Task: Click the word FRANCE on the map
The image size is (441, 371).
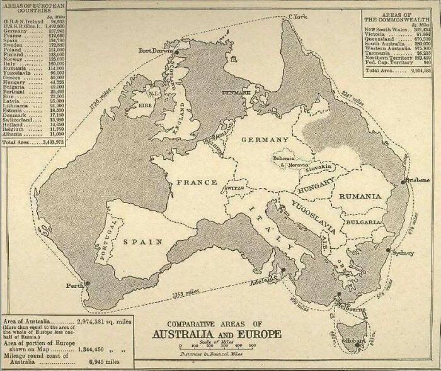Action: coord(197,182)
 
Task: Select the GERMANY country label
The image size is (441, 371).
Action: coord(264,139)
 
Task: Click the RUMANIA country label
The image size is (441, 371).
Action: coord(360,196)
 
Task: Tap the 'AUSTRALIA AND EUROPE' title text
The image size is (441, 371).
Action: coord(218,333)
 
